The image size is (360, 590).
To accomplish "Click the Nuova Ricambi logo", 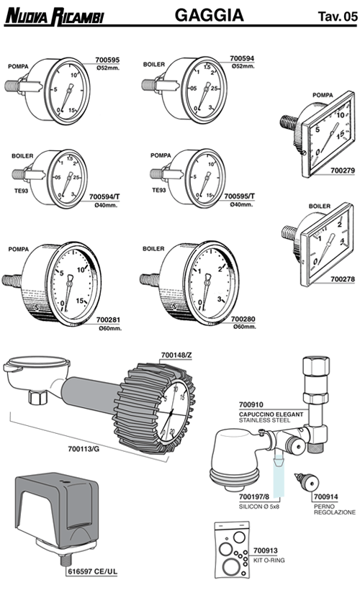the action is [54, 17].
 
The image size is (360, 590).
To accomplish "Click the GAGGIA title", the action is [210, 15].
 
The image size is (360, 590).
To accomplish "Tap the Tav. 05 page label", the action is [338, 17].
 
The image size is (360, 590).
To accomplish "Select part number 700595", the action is [107, 60].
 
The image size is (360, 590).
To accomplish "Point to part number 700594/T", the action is [104, 197].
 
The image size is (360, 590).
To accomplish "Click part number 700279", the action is [343, 171].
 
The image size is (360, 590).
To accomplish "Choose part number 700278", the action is [343, 279].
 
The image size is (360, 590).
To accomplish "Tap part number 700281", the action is [109, 320].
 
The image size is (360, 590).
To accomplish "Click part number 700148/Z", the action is [176, 355].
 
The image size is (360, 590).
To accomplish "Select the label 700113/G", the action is [84, 449].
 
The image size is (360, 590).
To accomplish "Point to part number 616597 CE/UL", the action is [93, 571].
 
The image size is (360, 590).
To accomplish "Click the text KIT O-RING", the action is [269, 560].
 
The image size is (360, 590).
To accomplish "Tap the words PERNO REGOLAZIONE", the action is [335, 509].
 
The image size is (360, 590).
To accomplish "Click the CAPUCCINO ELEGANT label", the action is [271, 414].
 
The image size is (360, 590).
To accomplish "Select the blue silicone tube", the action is [278, 476].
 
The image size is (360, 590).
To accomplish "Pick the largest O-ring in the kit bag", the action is [230, 566].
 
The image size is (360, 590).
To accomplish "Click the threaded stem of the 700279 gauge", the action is [289, 122].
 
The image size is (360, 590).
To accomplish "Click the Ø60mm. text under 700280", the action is [245, 327].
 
